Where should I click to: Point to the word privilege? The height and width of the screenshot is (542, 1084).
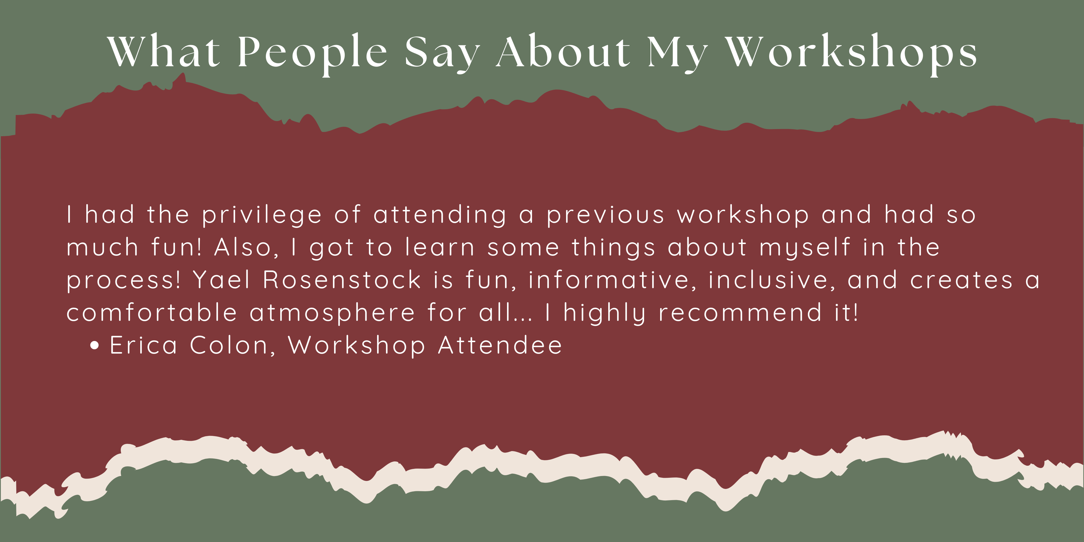(262, 215)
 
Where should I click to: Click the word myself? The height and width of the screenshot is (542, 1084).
(805, 247)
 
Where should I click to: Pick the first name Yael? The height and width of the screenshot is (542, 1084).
(221, 280)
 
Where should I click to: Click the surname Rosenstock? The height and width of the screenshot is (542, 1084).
(342, 280)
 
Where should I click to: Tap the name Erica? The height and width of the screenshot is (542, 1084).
(143, 346)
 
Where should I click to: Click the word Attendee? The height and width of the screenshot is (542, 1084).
(500, 346)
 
